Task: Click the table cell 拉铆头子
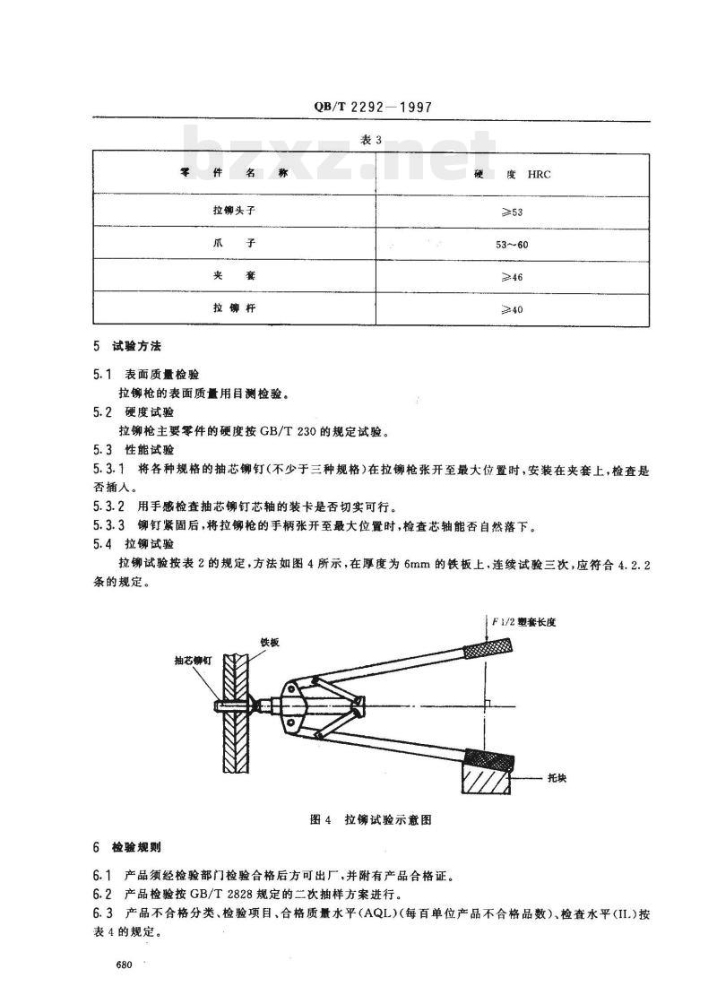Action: pyautogui.click(x=234, y=211)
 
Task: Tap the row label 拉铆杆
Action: pyautogui.click(x=234, y=309)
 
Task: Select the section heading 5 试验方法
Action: pyautogui.click(x=127, y=345)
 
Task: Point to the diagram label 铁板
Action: pyautogui.click(x=271, y=642)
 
